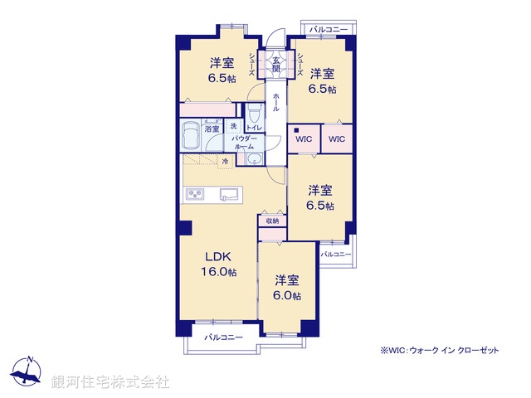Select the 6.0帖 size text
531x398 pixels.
[x=288, y=295]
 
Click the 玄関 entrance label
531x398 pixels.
[x=275, y=63]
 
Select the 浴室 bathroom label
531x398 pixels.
[x=212, y=128]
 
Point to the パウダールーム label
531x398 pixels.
[x=242, y=142]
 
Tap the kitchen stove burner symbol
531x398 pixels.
[x=197, y=195]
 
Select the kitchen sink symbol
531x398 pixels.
[x=229, y=195]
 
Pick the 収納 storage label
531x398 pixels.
[x=272, y=221]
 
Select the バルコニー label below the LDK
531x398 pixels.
[x=223, y=337]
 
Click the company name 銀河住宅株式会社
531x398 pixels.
[x=110, y=381]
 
